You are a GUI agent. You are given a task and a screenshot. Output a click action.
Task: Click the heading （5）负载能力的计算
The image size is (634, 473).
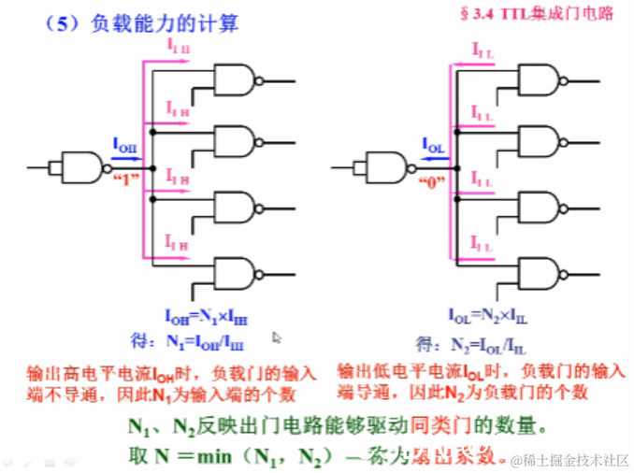pos(139,22)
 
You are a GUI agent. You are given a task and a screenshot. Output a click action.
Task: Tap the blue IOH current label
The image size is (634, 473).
pos(124,145)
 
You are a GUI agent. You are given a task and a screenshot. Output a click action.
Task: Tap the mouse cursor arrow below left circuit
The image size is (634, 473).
pos(277,337)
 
